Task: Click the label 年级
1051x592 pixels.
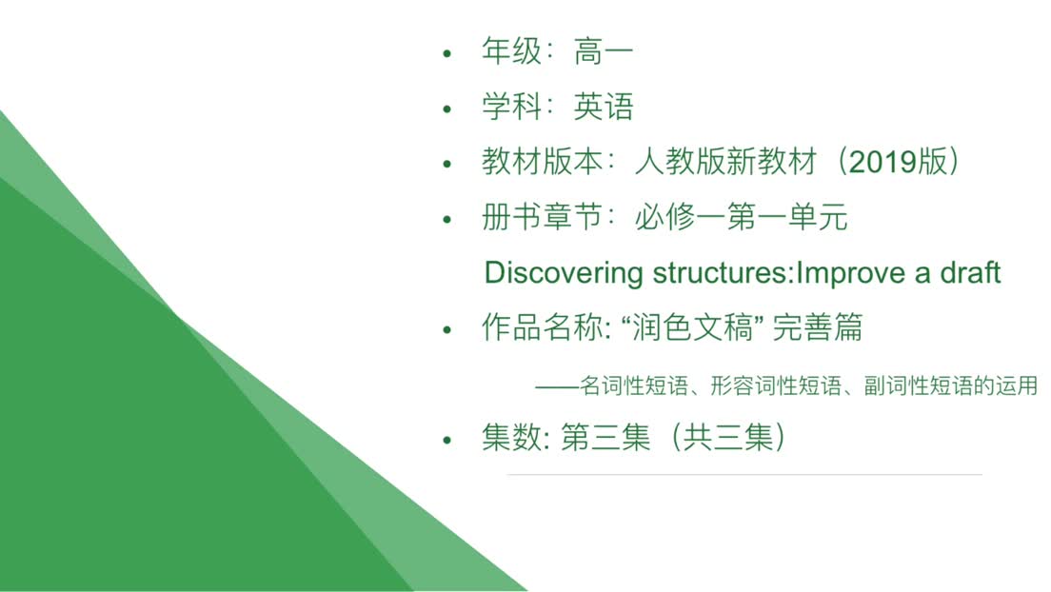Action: [x=511, y=51]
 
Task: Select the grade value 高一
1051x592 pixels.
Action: [x=604, y=51]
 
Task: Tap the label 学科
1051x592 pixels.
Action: [x=511, y=107]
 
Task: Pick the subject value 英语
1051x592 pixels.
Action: [x=604, y=107]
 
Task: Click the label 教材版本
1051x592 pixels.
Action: [x=543, y=162]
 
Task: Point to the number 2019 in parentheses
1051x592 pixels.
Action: [x=882, y=162]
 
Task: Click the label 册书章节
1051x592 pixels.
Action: [x=543, y=217]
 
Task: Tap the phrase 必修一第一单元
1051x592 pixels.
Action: [x=742, y=217]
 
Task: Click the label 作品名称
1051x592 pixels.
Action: [x=543, y=327]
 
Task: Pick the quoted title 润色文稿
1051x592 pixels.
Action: [x=693, y=327]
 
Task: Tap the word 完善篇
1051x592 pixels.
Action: [x=818, y=327]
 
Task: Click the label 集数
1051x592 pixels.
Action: [x=511, y=438]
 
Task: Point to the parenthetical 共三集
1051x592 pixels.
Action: [x=728, y=438]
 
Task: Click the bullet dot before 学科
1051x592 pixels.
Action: [x=447, y=109]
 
